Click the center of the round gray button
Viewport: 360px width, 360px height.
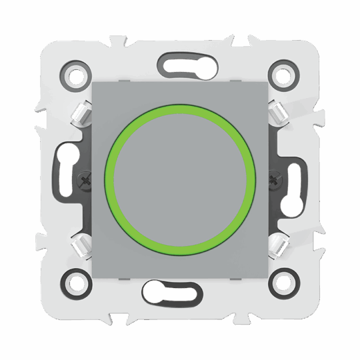(180, 180)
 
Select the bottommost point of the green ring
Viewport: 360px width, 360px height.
(180, 254)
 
